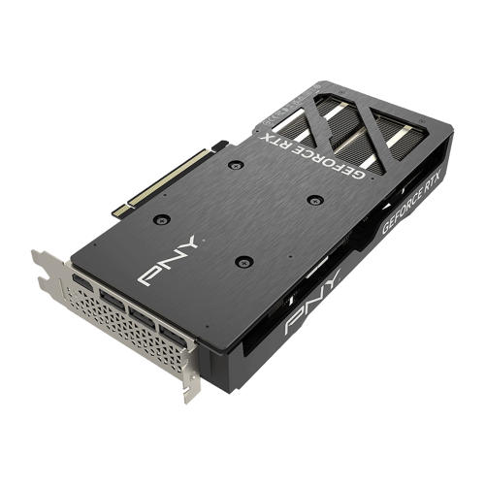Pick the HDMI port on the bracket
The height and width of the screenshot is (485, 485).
click(x=81, y=284)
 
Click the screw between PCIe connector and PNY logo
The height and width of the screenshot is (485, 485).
click(x=162, y=220)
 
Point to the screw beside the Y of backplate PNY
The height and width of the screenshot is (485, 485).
click(x=243, y=261)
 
